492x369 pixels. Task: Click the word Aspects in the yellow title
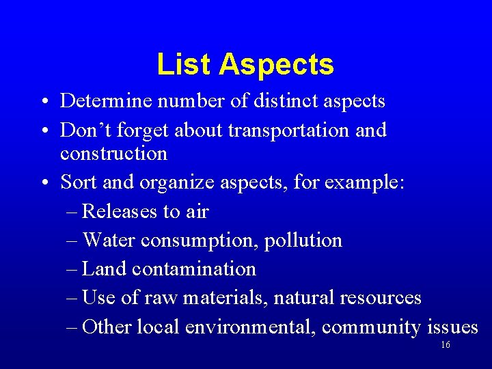tap(277, 64)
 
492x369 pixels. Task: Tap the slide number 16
tap(446, 345)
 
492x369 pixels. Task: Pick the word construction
tap(113, 153)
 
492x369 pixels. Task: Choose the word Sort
tap(75, 182)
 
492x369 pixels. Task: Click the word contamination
tap(194, 269)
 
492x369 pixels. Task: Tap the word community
tap(371, 327)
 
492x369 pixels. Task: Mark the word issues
tap(452, 327)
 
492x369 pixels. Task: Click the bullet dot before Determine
tap(43, 102)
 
